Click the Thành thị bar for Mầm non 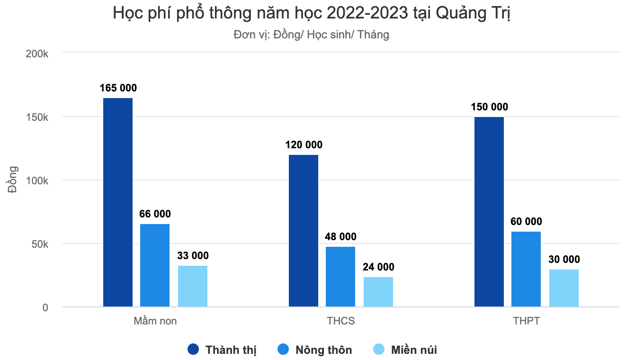coord(118,202)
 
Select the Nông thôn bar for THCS coord(340,277)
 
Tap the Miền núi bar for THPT coord(564,288)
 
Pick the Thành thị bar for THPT coord(489,212)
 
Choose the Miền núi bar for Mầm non coord(193,286)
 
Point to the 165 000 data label coord(118,88)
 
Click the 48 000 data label coord(340,237)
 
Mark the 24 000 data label coord(378,267)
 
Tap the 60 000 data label coord(526,222)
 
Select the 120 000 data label coord(304,145)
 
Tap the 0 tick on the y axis coord(45,308)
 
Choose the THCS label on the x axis coord(340,321)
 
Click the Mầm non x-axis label coord(155,321)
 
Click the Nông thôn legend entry coord(324,350)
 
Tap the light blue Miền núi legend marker coord(379,350)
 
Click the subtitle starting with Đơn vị coord(311,35)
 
